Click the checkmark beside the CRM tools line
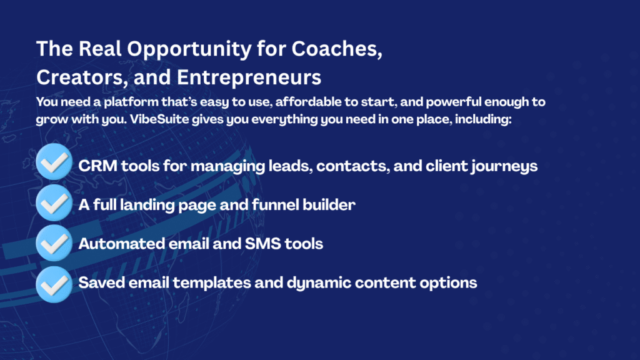click(54, 162)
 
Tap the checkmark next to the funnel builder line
click(54, 203)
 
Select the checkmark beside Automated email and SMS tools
click(54, 243)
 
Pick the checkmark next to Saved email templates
click(54, 284)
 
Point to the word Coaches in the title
click(337, 49)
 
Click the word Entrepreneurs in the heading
click(249, 78)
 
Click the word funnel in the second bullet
click(275, 205)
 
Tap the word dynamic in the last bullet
click(319, 283)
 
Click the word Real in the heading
click(100, 49)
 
